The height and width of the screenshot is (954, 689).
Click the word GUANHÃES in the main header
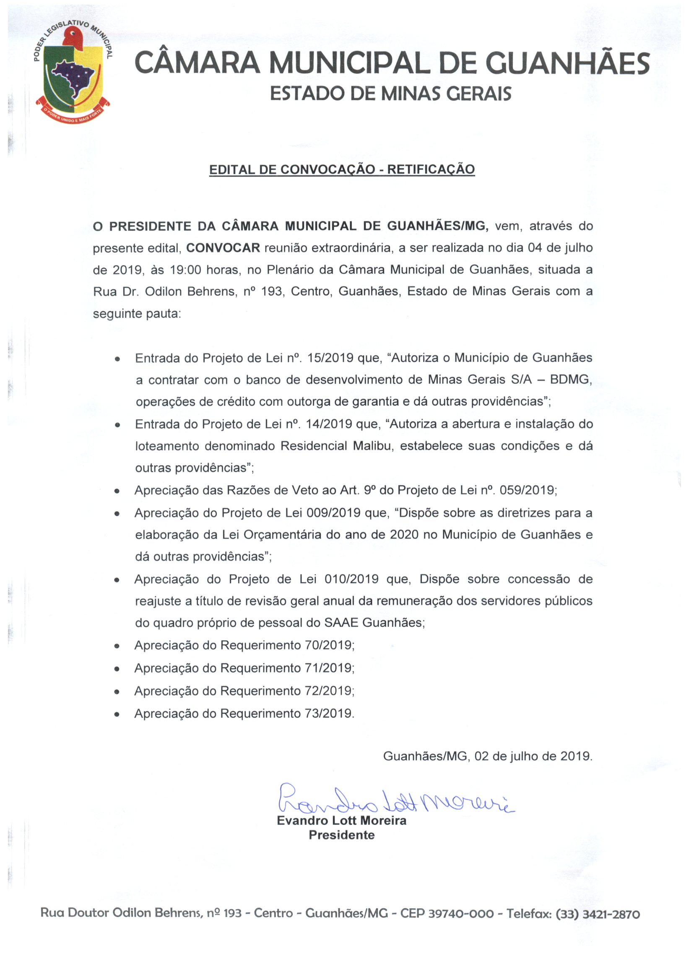[567, 63]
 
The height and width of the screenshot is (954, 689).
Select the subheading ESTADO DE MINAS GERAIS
[390, 94]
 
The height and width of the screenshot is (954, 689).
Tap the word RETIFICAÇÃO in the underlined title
[431, 169]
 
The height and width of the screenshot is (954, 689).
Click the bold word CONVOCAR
[223, 248]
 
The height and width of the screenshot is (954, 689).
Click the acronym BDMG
[570, 380]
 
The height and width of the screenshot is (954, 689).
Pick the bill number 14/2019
[330, 424]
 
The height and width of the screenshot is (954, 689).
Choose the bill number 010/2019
[351, 579]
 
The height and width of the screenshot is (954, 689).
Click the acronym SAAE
[341, 623]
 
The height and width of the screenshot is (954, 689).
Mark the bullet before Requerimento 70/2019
[117, 646]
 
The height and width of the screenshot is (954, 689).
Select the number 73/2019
[328, 714]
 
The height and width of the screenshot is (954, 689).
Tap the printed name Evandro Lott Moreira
[341, 821]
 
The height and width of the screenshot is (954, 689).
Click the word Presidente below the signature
[341, 835]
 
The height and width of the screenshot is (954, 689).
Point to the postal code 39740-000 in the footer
[461, 914]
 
